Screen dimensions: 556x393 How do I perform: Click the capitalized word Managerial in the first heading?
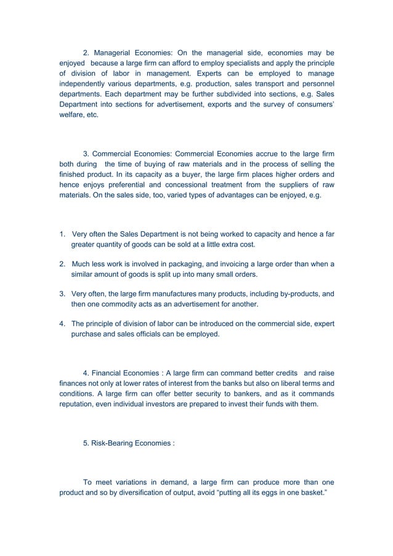point(114,52)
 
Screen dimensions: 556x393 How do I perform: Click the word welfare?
point(71,115)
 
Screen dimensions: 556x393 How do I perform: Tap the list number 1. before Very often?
point(62,234)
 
